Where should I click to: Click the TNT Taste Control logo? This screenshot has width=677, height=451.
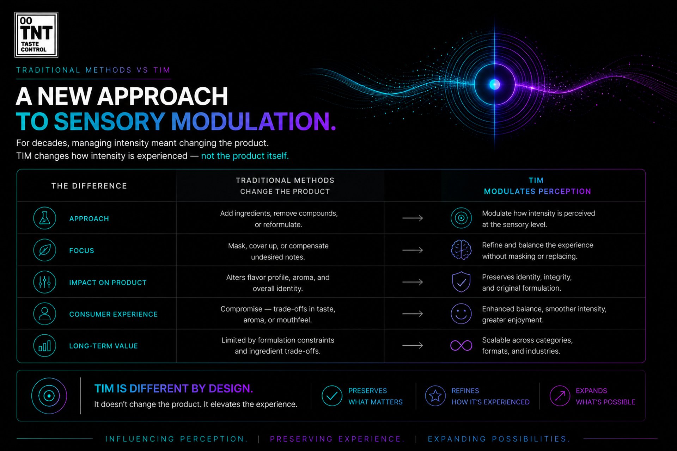pos(36,35)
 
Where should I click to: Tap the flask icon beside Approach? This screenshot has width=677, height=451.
pos(45,218)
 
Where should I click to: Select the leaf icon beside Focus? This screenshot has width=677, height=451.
pos(45,250)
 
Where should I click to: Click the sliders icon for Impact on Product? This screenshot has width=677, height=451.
pos(45,282)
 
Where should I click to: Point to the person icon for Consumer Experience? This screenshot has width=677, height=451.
pos(45,314)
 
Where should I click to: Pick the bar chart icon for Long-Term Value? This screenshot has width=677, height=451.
pos(45,346)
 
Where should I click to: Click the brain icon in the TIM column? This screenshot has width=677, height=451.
pos(461,250)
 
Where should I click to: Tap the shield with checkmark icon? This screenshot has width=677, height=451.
pos(461,282)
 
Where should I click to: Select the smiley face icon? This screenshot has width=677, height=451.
pos(461,314)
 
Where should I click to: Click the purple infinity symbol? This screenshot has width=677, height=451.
pos(461,345)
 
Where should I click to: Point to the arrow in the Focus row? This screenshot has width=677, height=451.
pos(413,250)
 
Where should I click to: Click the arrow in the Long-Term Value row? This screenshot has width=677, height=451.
pos(413,346)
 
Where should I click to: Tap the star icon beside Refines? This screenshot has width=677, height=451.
pos(435,396)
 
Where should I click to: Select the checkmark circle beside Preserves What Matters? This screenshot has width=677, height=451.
pos(332,396)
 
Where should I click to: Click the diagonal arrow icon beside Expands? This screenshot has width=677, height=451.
pos(560,396)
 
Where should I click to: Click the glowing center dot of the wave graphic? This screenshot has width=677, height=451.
pos(495,85)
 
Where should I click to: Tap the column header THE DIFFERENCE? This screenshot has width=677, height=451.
pos(89,186)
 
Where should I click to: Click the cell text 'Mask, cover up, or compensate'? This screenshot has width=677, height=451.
pos(278,246)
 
